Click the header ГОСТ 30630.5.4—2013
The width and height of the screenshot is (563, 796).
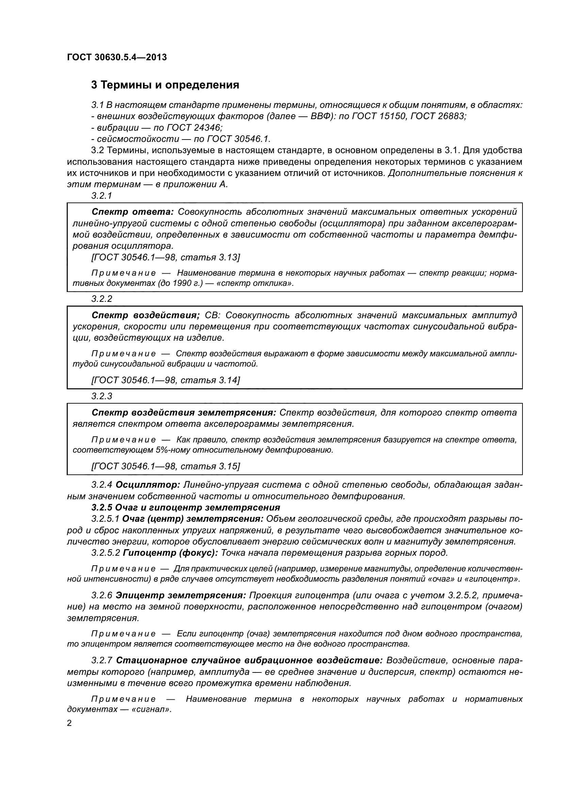tap(117, 57)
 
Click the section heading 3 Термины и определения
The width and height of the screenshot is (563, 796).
tap(165, 85)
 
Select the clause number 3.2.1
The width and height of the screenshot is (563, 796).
tap(102, 196)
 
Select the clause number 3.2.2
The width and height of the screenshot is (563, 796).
tap(102, 299)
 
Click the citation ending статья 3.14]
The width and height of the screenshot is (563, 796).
tap(165, 380)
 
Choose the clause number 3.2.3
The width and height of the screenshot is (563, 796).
tap(102, 396)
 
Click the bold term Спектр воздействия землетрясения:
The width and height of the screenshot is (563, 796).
tap(184, 412)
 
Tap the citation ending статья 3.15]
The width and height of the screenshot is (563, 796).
tap(165, 466)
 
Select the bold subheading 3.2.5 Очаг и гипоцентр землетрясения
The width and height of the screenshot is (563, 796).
tap(186, 507)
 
